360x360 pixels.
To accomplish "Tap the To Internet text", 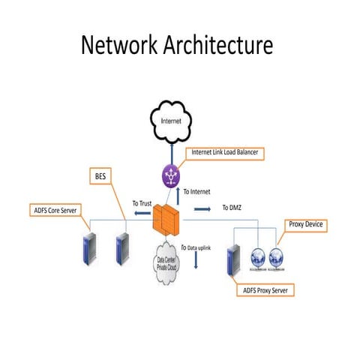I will [196, 192].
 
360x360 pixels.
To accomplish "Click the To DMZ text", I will [231, 207].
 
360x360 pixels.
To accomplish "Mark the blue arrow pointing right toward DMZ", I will [202, 209].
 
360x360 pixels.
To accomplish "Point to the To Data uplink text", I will [203, 246].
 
